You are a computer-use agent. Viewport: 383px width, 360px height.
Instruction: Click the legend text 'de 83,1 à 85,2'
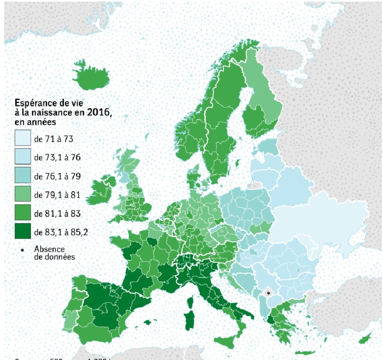tap(61, 232)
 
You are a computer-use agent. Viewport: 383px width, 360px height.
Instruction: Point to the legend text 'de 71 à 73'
tap(53, 139)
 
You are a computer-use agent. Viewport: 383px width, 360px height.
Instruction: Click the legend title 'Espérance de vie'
tap(49, 103)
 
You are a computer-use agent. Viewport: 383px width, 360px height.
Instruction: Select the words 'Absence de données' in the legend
tap(54, 253)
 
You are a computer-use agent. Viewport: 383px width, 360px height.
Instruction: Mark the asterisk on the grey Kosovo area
tap(268, 293)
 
